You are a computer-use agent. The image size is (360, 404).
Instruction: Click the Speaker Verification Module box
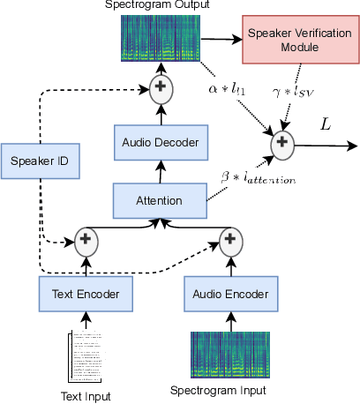pos(286,40)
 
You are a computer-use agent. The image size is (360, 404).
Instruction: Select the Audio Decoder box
pos(161,142)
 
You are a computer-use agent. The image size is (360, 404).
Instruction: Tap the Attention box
pos(161,200)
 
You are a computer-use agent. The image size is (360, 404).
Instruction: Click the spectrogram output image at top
pos(161,40)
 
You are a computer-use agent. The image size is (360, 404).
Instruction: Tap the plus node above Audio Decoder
pos(161,86)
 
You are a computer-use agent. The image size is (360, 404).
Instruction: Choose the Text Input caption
pos(86,396)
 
